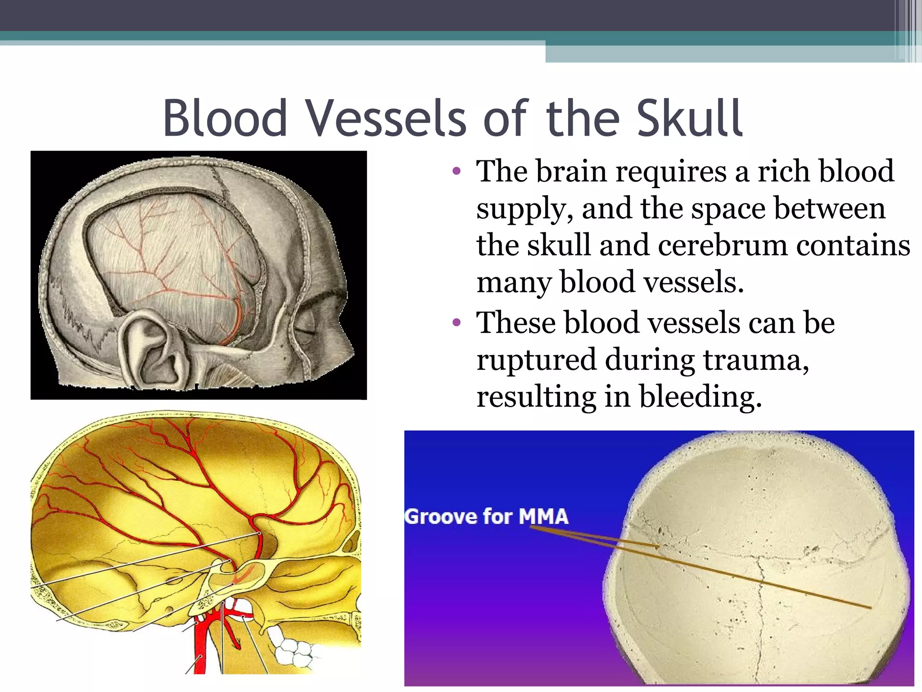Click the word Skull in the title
(689, 118)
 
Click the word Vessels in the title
(386, 118)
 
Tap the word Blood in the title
(225, 118)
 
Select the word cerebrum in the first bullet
(723, 246)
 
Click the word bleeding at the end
(700, 397)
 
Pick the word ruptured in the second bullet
(536, 360)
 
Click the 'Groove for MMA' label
(486, 517)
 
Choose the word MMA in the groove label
(543, 517)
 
